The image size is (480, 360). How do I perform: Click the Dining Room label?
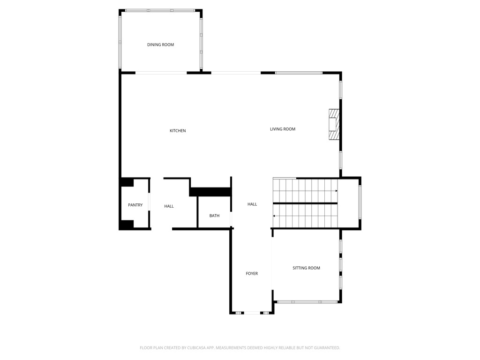point(160,45)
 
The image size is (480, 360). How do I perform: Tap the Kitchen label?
point(178,131)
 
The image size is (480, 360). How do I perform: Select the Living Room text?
point(283,129)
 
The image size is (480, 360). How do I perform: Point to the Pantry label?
point(135,205)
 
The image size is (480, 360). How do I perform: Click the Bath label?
point(214,216)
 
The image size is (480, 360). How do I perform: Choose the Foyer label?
point(252,274)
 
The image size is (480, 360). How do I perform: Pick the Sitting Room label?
point(306,268)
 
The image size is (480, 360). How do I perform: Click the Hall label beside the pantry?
point(169,206)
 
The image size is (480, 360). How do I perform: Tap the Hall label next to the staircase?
point(252,204)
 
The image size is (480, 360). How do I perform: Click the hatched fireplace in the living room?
point(333,124)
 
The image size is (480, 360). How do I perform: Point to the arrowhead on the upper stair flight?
point(336,191)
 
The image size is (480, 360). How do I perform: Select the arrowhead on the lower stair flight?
point(274,216)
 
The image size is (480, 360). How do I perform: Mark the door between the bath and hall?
point(231,219)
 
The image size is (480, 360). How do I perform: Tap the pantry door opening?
point(149,204)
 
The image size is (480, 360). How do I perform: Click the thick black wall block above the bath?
point(210,192)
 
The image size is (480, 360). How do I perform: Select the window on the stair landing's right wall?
point(360,202)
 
